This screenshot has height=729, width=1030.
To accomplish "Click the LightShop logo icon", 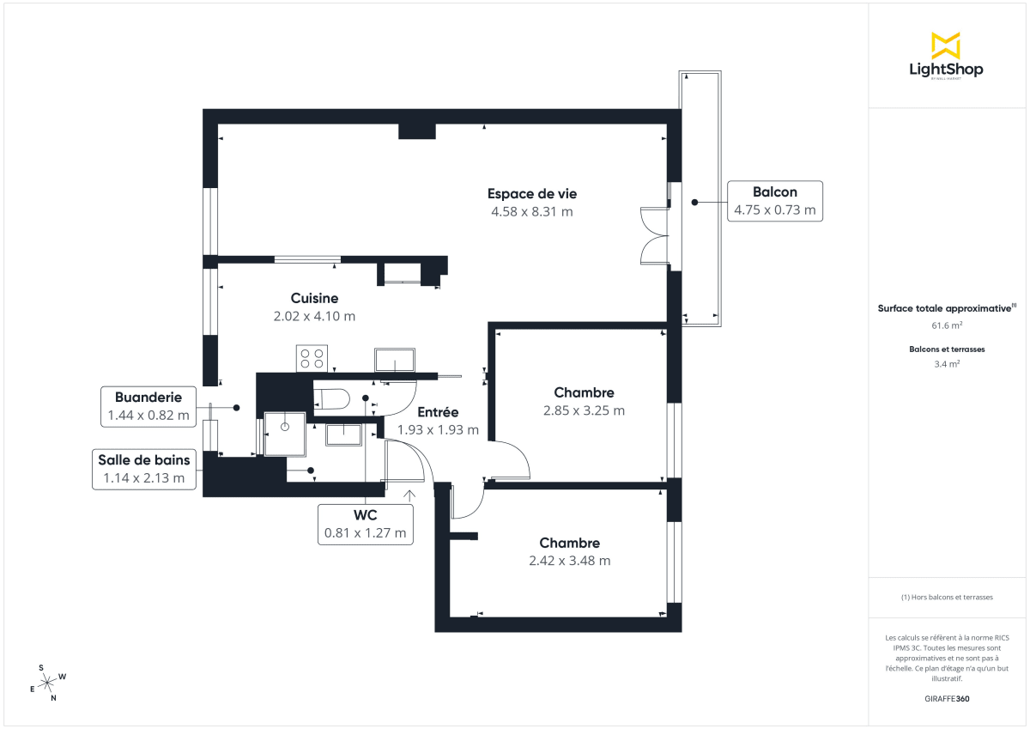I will (x=945, y=46).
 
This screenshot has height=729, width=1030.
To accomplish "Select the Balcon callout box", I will (x=774, y=201).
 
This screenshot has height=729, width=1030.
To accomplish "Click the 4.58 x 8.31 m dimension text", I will (x=531, y=211).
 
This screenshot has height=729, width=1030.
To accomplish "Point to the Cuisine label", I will (x=314, y=298).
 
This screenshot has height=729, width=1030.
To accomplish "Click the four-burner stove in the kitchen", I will (x=312, y=357).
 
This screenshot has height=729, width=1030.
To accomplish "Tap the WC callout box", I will (x=365, y=524).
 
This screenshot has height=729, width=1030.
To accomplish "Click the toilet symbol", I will (x=331, y=398).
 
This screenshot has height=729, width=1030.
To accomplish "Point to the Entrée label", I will (x=438, y=412).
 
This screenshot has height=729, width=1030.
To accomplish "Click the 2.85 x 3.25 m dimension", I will (x=584, y=410).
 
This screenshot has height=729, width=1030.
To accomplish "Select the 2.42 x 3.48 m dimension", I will (x=569, y=561).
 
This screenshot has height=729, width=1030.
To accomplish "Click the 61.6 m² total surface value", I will (x=946, y=325).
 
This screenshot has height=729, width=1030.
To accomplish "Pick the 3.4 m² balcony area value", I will (x=946, y=363).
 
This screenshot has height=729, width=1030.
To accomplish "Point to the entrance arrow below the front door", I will (x=409, y=495).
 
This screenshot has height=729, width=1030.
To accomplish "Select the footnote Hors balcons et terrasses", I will (x=946, y=597).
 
